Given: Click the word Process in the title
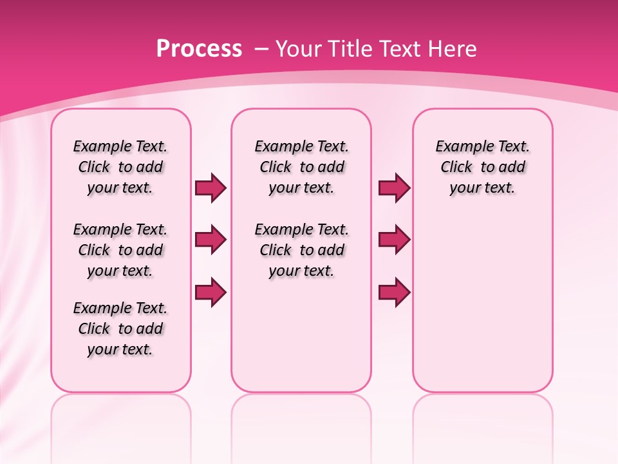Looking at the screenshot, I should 199,49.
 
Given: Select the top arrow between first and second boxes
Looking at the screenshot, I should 211,188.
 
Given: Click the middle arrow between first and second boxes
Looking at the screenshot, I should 211,240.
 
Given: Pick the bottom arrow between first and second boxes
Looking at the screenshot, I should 211,293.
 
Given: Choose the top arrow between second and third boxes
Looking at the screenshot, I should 394,188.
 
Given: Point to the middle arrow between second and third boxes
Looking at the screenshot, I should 394,240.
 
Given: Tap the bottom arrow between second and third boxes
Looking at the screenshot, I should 394,293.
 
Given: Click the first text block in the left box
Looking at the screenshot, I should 120,167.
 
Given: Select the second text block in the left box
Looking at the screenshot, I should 120,250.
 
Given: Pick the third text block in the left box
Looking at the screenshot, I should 120,329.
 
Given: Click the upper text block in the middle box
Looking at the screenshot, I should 301,167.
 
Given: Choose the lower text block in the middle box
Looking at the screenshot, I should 301,250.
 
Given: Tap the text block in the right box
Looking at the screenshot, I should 482,167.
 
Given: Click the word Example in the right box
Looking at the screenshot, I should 460,147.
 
